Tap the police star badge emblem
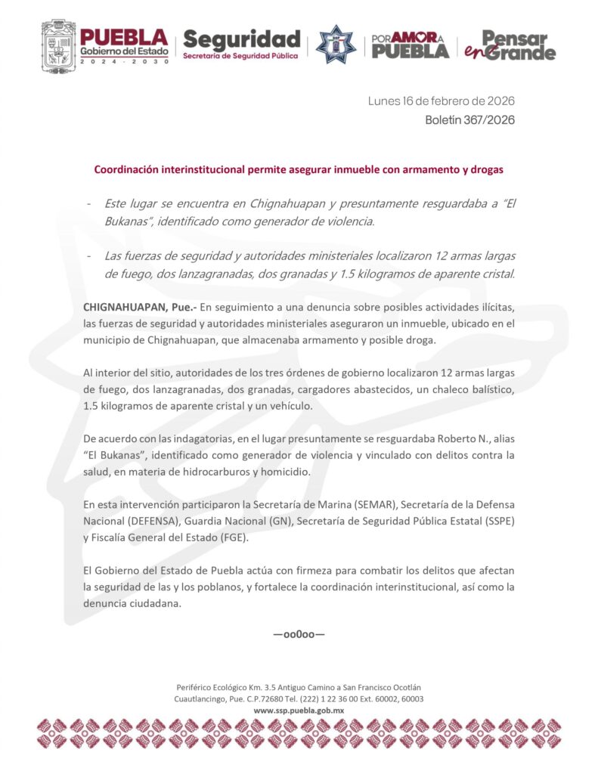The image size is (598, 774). tap(336, 44)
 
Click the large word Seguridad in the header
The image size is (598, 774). tap(242, 38)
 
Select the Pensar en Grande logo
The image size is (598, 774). tap(510, 45)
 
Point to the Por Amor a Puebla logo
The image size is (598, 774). tap(409, 45)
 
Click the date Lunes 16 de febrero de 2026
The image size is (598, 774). tap(442, 101)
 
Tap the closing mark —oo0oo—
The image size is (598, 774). tap(299, 633)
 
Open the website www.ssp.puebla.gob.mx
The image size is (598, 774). tap(299, 711)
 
